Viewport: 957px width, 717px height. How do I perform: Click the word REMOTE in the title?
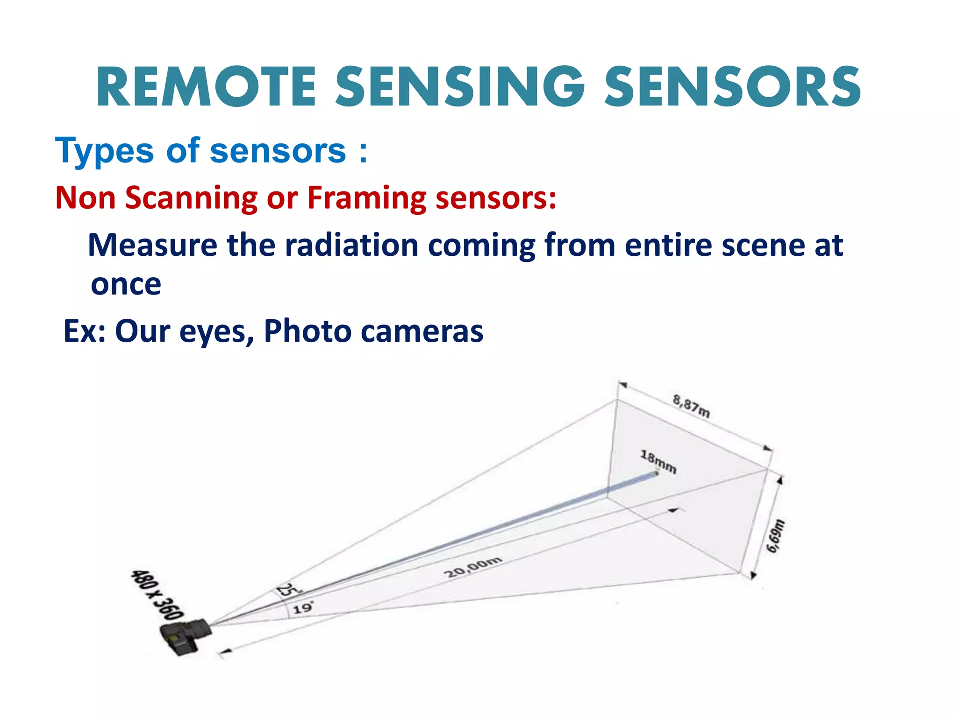point(206,87)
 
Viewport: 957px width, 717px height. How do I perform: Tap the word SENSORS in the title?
point(732,87)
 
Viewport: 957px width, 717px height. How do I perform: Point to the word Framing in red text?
point(366,198)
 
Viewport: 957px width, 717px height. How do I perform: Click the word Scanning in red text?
point(191,198)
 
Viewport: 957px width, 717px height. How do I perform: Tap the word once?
point(126,284)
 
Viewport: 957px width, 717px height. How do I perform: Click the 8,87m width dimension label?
point(691,406)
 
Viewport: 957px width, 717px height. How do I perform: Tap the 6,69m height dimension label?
point(776,536)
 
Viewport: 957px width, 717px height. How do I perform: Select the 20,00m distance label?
point(473,567)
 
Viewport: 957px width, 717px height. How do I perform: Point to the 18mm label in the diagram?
point(658,462)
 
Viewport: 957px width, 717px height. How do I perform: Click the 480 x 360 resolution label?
point(157,594)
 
